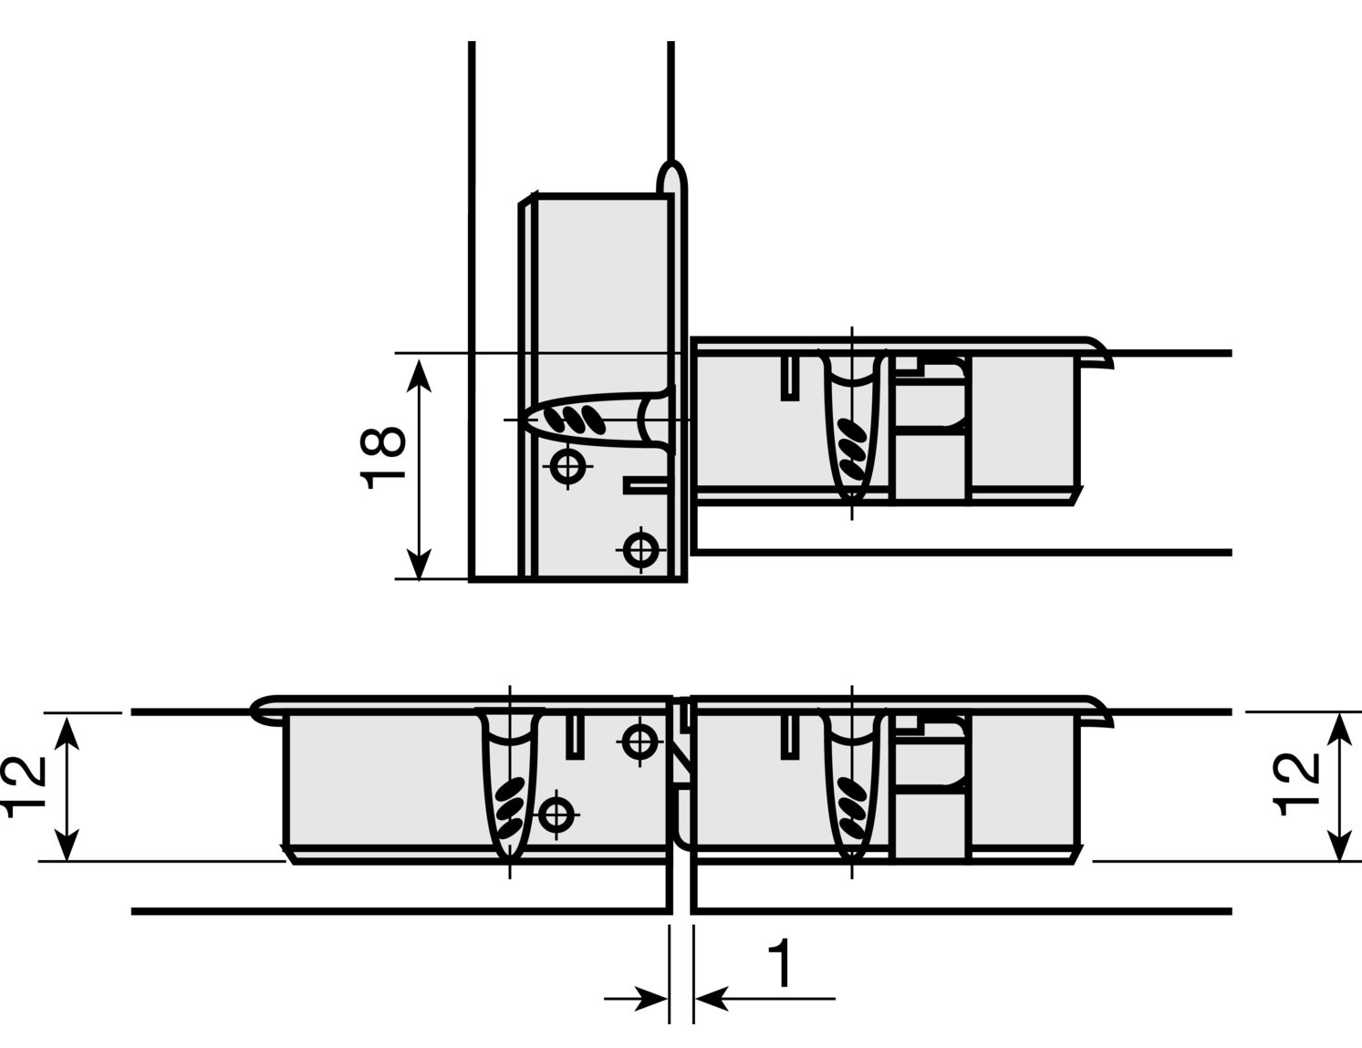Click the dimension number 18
382,458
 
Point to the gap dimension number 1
781,964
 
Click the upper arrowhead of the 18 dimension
419,376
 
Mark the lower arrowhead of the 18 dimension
419,563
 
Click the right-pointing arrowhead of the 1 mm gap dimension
652,999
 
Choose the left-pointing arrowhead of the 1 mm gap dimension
712,999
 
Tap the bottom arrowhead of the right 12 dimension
1339,845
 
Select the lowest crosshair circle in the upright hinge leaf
639,549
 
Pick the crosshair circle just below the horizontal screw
567,466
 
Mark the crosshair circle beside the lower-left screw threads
556,815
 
